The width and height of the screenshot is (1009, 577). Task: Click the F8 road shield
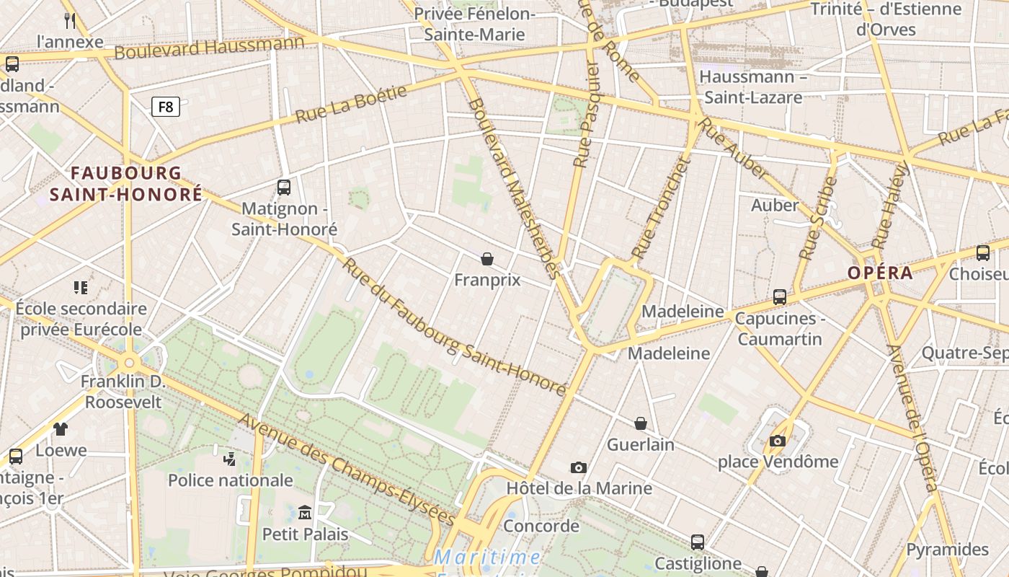(x=166, y=107)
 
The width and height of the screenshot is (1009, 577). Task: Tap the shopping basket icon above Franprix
(x=487, y=259)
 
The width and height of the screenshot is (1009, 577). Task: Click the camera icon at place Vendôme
(x=778, y=441)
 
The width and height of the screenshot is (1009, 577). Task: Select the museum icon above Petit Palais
(x=305, y=512)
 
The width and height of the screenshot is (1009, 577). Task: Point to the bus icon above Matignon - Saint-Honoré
(x=284, y=188)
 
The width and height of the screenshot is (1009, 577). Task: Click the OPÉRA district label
(x=880, y=273)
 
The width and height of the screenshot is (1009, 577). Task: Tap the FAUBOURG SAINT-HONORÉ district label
(x=125, y=184)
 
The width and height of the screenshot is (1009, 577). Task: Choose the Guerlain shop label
(x=641, y=444)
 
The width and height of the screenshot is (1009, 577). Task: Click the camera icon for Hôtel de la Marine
(x=578, y=468)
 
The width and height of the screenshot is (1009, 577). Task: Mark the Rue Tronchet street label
(x=661, y=208)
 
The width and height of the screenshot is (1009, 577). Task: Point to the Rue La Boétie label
(x=351, y=104)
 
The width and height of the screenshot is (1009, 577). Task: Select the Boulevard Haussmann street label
(x=209, y=48)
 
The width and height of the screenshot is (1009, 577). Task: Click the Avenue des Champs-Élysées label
(x=347, y=470)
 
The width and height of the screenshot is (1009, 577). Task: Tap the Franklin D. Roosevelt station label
(x=123, y=392)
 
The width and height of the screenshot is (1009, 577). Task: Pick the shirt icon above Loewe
(x=61, y=429)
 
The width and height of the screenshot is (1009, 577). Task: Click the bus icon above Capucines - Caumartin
(x=779, y=297)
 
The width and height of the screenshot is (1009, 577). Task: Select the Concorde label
(x=541, y=526)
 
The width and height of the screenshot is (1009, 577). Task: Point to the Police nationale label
(x=231, y=480)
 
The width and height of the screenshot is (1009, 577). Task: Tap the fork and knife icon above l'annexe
(x=70, y=20)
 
